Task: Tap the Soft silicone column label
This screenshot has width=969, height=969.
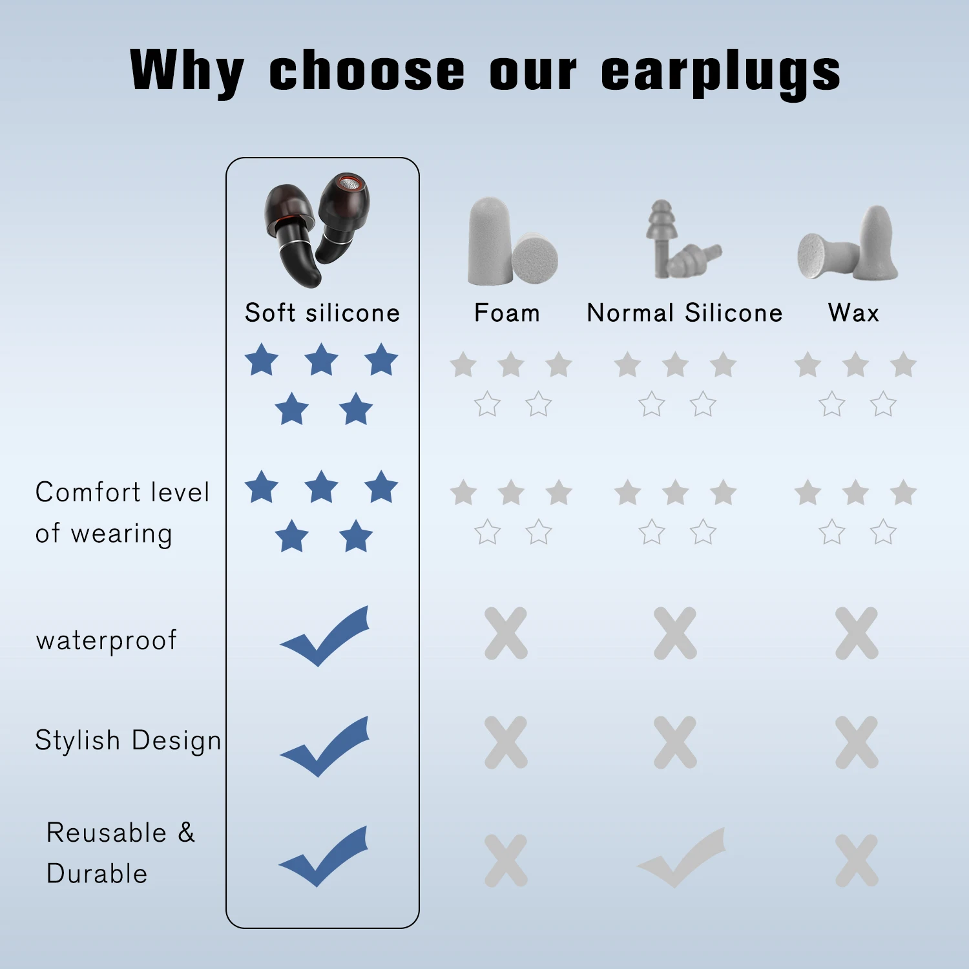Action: tap(322, 313)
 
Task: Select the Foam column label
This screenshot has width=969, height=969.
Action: tap(507, 313)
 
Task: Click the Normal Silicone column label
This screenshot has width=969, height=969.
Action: tap(685, 313)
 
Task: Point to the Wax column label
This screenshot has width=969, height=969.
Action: tap(853, 313)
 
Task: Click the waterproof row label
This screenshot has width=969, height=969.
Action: tap(107, 641)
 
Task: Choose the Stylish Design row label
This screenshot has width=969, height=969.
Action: tap(128, 740)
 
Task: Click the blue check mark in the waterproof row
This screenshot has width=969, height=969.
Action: tap(325, 636)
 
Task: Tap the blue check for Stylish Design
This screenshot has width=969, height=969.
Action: tap(325, 745)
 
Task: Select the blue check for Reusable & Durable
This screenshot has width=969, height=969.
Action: tap(324, 855)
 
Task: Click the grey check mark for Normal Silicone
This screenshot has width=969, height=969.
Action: tap(682, 857)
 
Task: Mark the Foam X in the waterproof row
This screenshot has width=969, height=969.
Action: tap(506, 633)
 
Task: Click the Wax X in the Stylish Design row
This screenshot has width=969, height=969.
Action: tap(857, 742)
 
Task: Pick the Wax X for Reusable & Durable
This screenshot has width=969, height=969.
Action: tap(857, 860)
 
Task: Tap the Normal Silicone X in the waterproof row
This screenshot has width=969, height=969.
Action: tap(675, 633)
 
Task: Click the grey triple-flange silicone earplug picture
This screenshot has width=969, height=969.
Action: tap(682, 240)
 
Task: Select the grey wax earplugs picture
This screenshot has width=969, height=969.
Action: tap(848, 244)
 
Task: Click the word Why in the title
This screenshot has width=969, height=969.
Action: tap(187, 71)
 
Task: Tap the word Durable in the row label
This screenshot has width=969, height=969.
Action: tap(97, 874)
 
